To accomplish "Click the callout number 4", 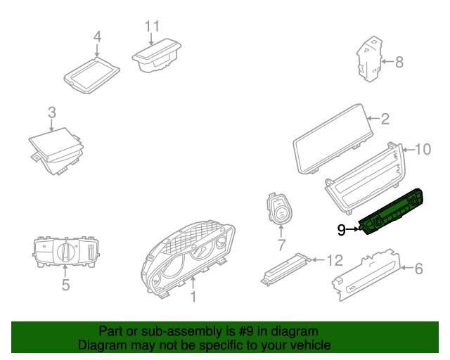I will (x=98, y=36).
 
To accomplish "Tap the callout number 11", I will (x=153, y=26).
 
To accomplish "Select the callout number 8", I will (x=399, y=62).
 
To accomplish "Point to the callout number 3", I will (x=51, y=112).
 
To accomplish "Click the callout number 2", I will (x=385, y=119).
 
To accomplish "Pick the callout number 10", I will (x=423, y=148).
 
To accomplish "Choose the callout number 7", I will (x=281, y=245).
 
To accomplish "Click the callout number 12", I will (x=334, y=261).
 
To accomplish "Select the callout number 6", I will (x=418, y=268).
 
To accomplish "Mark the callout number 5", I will (x=65, y=285).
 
